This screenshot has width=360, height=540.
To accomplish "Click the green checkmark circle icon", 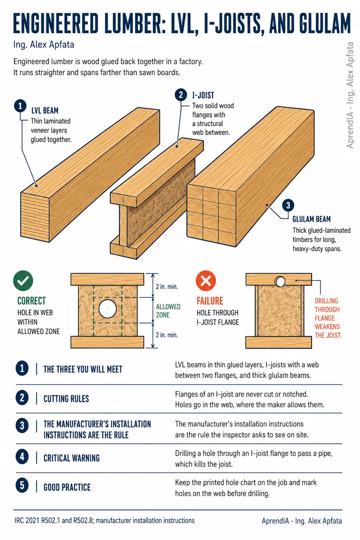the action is point(23,281).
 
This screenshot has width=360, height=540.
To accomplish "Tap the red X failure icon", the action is point(206,281).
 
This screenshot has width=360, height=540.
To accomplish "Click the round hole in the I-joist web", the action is point(108,309).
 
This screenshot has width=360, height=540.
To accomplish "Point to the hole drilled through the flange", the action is point(280,281).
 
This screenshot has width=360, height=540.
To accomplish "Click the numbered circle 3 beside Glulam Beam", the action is point(288,205).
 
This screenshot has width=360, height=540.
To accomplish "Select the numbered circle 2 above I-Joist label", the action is point(181,95).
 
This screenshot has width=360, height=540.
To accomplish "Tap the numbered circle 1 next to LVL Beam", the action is point(20,106).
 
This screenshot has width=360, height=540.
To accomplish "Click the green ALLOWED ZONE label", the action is point(168,311).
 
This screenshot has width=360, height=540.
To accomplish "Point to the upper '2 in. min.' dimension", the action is point(166,287).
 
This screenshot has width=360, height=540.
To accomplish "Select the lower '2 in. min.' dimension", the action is point(166,335).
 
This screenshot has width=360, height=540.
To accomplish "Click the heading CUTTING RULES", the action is point(66,399).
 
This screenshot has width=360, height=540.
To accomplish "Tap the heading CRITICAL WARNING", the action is point(72,458).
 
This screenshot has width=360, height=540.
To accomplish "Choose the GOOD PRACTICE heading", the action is point(67,487).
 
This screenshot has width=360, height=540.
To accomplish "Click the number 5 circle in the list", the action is point(22,486).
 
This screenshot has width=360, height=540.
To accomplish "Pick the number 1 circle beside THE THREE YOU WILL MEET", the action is point(22,368).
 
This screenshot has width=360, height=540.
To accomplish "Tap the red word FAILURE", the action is point(210,301).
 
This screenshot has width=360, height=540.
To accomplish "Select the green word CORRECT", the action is point(31,301).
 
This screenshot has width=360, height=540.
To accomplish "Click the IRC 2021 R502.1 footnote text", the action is point(104,521).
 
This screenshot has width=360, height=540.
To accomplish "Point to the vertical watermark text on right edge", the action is point(350,95).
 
